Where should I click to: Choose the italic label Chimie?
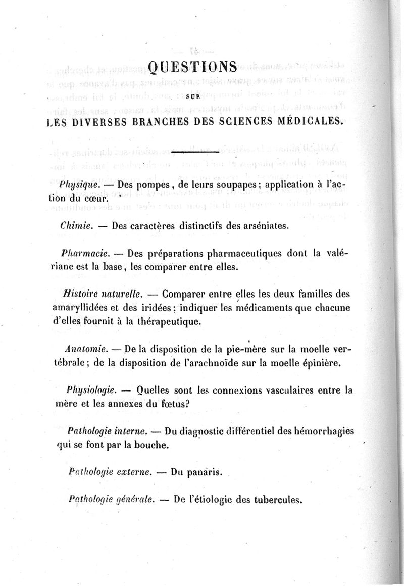(75, 226)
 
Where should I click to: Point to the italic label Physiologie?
(92, 390)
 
